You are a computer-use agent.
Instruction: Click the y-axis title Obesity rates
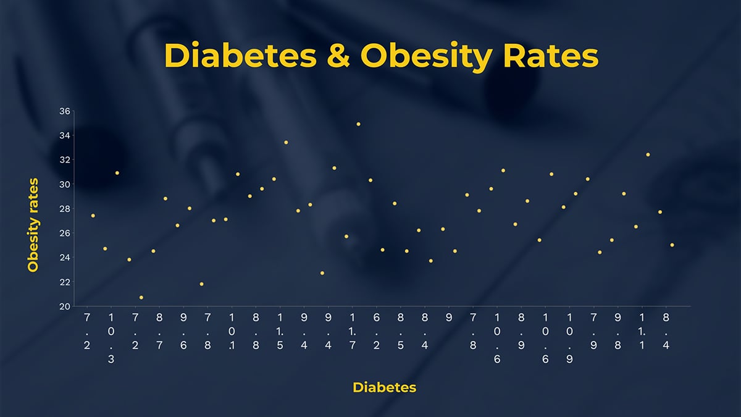click(33, 225)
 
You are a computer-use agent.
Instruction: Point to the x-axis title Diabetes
click(384, 387)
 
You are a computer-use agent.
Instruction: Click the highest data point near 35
click(358, 124)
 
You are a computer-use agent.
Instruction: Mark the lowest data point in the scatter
click(141, 298)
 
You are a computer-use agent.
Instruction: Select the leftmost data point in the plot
click(93, 216)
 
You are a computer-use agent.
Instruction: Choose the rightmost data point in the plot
click(672, 245)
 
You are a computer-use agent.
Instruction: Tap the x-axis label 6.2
click(376, 332)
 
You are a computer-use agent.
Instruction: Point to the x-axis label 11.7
click(352, 332)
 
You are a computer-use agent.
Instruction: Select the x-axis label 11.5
click(280, 332)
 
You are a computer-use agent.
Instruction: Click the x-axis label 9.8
click(617, 332)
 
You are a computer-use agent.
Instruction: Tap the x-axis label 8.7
click(159, 332)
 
